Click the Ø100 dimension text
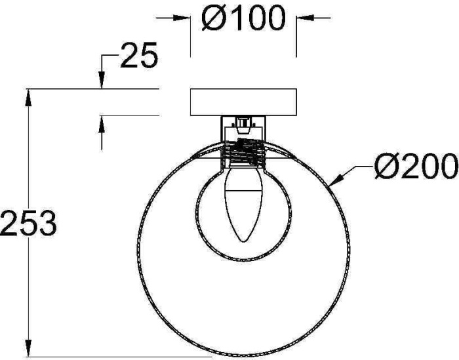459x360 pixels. pyautogui.click(x=243, y=19)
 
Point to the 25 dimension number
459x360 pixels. pyautogui.click(x=139, y=58)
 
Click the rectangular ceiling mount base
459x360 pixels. pyautogui.click(x=243, y=102)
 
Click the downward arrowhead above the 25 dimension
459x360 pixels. pyautogui.click(x=102, y=81)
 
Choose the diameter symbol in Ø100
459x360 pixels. pyautogui.click(x=213, y=19)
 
